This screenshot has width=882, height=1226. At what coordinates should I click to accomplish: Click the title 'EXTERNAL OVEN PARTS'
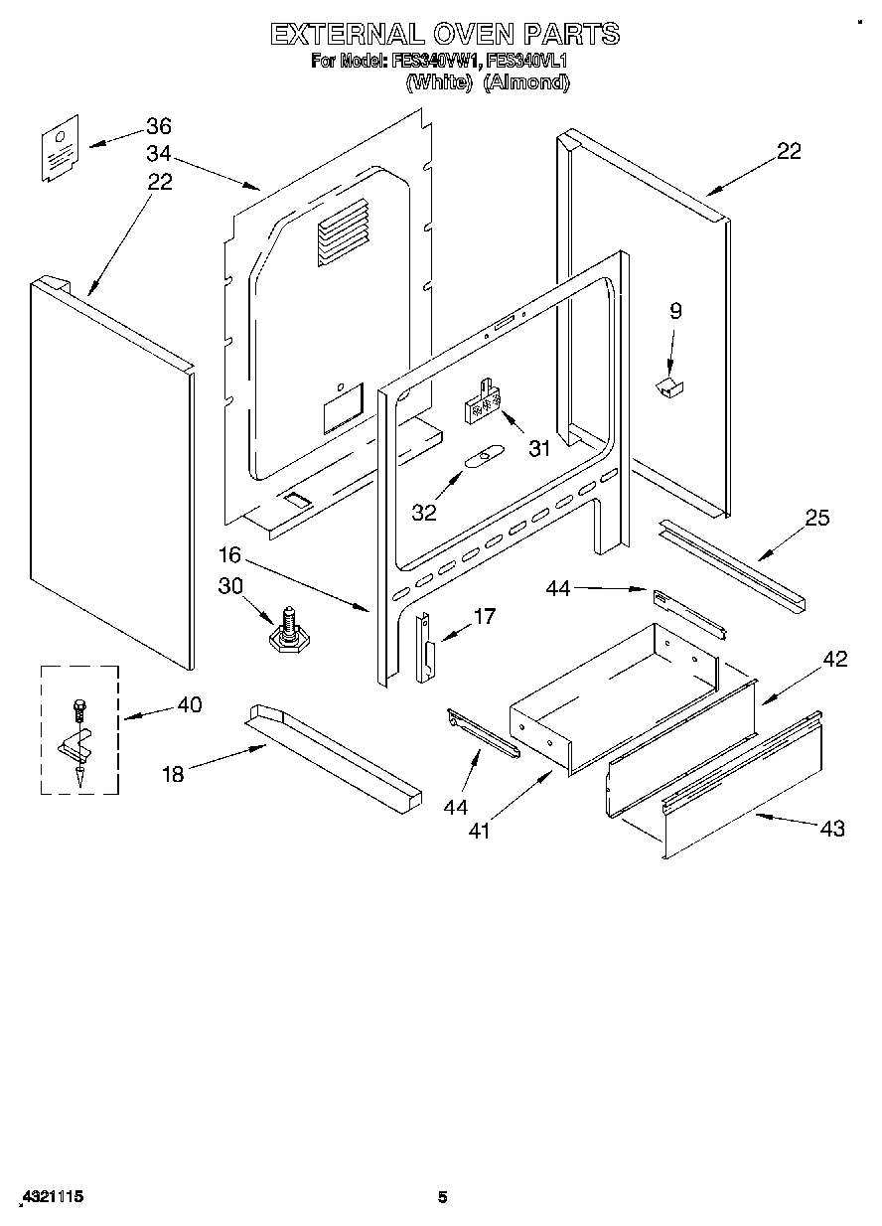(x=445, y=35)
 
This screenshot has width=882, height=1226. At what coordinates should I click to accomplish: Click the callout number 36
(x=159, y=126)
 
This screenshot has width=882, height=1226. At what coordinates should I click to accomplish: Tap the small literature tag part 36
(x=61, y=149)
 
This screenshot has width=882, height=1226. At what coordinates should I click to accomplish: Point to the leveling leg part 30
(x=288, y=633)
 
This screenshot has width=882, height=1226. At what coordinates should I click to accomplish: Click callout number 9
(x=675, y=311)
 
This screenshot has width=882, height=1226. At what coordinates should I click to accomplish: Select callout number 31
(x=539, y=449)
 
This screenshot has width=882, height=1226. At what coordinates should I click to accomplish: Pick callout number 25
(x=817, y=518)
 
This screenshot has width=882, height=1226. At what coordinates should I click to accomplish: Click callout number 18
(x=173, y=775)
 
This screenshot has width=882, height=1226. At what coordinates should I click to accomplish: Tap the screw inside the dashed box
(x=78, y=712)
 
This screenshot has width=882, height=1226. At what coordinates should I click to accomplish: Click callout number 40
(x=189, y=705)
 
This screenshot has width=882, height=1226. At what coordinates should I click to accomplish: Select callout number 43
(x=833, y=828)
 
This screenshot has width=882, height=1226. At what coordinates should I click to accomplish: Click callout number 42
(x=836, y=659)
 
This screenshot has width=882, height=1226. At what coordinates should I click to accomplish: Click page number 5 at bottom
(x=443, y=1198)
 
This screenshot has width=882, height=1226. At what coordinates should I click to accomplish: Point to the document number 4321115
(x=50, y=1198)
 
